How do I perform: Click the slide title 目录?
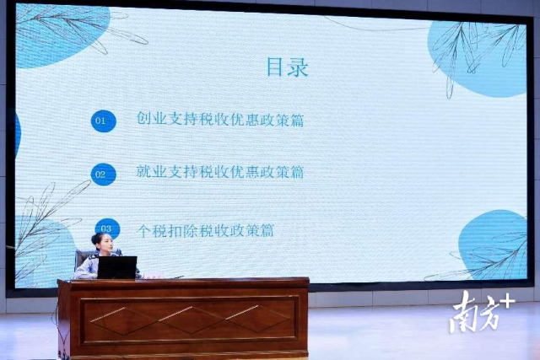[288, 67]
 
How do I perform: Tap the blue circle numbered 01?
[103, 121]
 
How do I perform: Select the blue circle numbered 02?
[103, 175]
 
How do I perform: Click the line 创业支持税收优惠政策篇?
[220, 119]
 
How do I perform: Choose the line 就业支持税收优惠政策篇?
[220, 172]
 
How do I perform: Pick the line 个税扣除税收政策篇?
[206, 230]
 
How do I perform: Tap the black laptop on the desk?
[117, 267]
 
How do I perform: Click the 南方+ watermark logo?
[482, 311]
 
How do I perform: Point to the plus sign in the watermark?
[507, 303]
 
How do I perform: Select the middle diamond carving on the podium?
[192, 320]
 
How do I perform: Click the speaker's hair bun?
[95, 238]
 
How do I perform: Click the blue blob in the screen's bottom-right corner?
[493, 244]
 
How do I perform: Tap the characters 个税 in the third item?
[152, 230]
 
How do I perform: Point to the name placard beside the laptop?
[153, 276]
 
